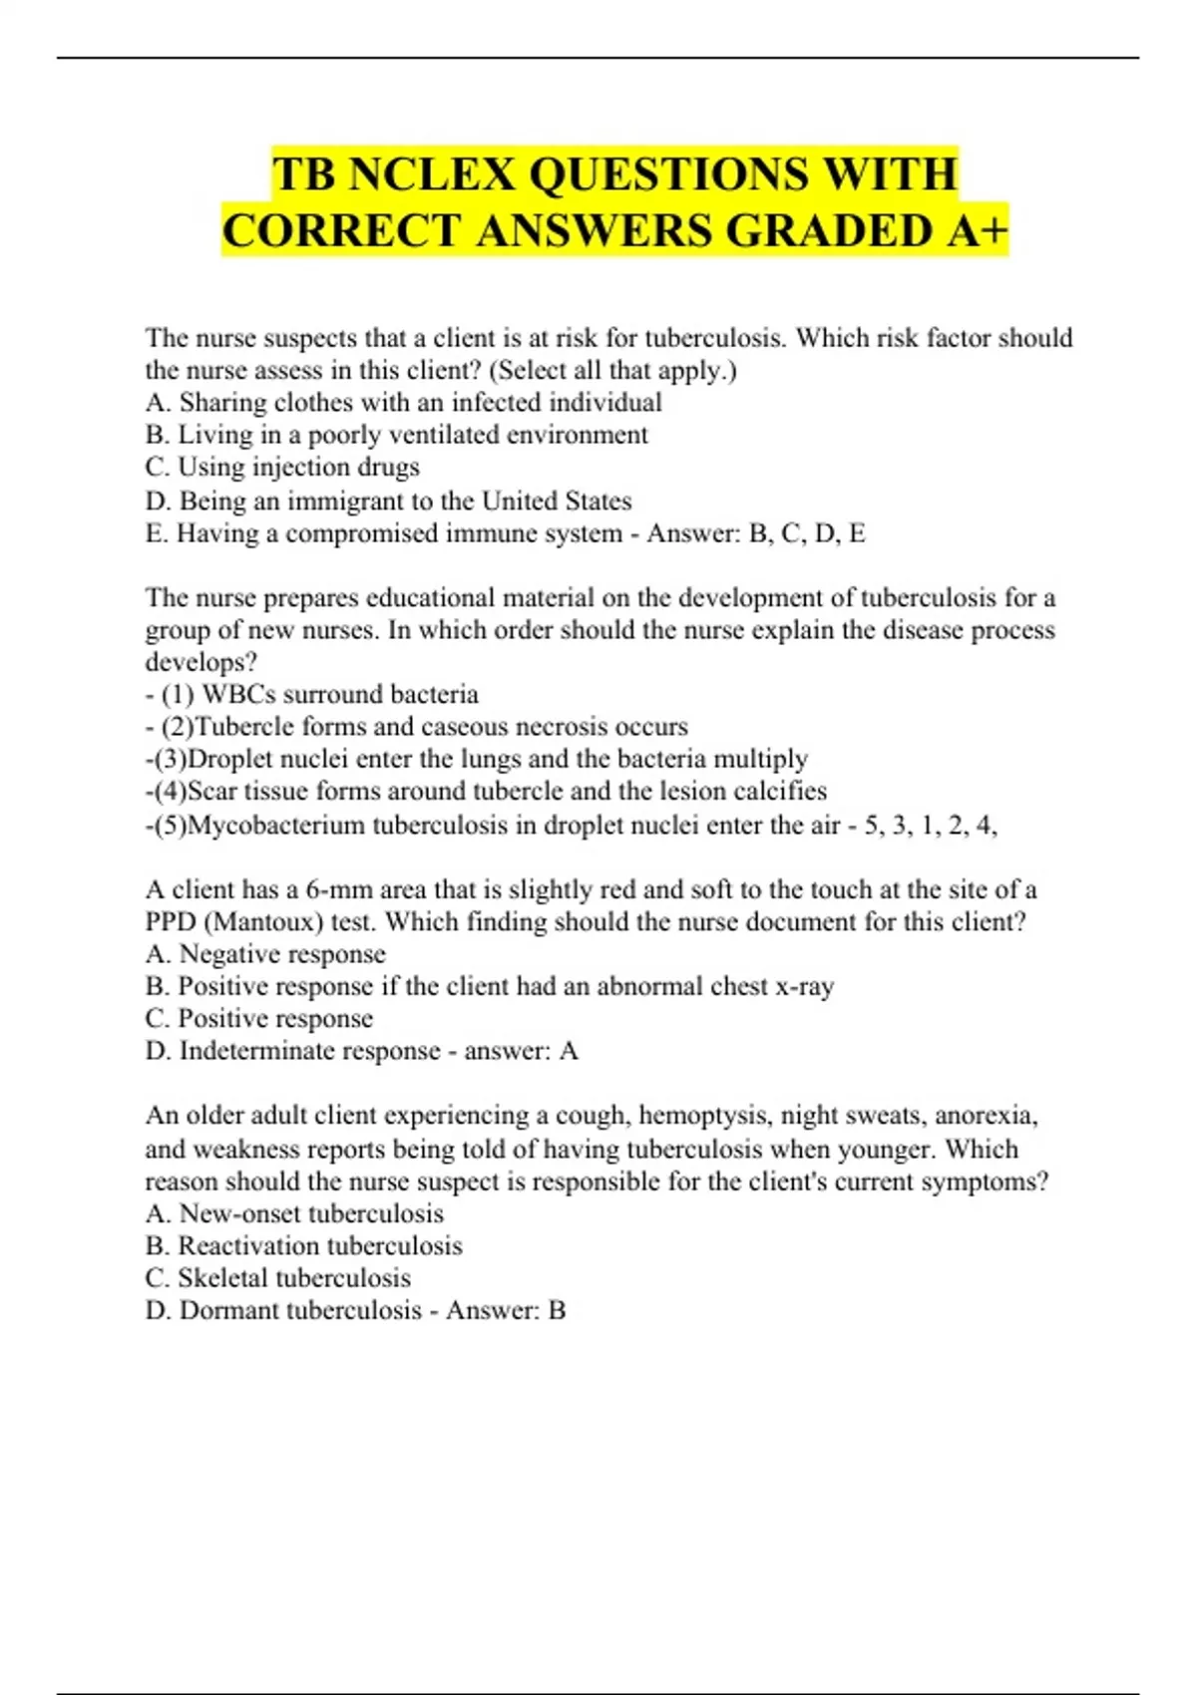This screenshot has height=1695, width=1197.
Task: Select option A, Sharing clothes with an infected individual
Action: [403, 403]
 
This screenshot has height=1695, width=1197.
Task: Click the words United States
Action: [557, 501]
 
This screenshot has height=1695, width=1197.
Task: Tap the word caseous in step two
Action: [469, 726]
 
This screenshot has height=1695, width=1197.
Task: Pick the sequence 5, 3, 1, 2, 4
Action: [928, 825]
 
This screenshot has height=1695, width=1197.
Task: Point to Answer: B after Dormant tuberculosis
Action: [506, 1310]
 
